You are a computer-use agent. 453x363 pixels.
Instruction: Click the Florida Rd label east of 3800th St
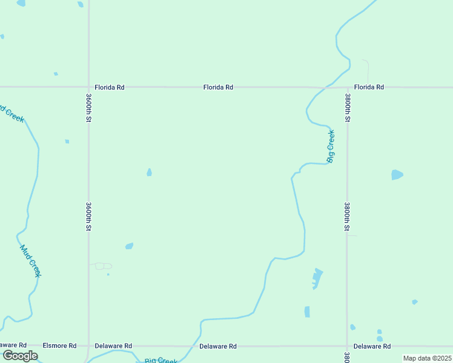pyautogui.click(x=369, y=87)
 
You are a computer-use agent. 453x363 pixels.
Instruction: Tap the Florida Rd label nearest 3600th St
pyautogui.click(x=109, y=87)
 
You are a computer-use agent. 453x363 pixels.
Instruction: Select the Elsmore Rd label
pyautogui.click(x=59, y=346)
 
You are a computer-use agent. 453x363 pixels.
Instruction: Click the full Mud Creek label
pyautogui.click(x=30, y=261)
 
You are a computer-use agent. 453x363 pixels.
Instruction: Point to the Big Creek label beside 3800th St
pyautogui.click(x=331, y=146)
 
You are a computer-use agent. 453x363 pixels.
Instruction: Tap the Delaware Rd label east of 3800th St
pyautogui.click(x=372, y=346)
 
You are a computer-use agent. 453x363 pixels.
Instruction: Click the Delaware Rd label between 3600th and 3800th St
pyautogui.click(x=218, y=346)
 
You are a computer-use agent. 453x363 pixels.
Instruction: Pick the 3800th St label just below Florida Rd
pyautogui.click(x=348, y=107)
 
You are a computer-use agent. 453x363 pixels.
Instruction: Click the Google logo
pyautogui.click(x=21, y=356)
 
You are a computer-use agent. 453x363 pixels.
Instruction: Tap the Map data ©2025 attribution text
pyautogui.click(x=427, y=358)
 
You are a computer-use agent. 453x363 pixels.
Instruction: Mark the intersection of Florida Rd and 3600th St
pyautogui.click(x=88, y=87)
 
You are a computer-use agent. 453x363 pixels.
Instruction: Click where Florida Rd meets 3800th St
pyautogui.click(x=348, y=87)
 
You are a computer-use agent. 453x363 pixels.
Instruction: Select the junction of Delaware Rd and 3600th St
pyautogui.click(x=88, y=346)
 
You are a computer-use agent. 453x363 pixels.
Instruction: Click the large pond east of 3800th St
pyautogui.click(x=397, y=175)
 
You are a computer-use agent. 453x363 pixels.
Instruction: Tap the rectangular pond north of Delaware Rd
pyautogui.click(x=307, y=312)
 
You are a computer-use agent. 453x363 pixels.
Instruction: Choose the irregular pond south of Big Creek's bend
pyautogui.click(x=316, y=278)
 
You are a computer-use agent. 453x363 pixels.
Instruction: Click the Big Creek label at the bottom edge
pyautogui.click(x=161, y=361)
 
